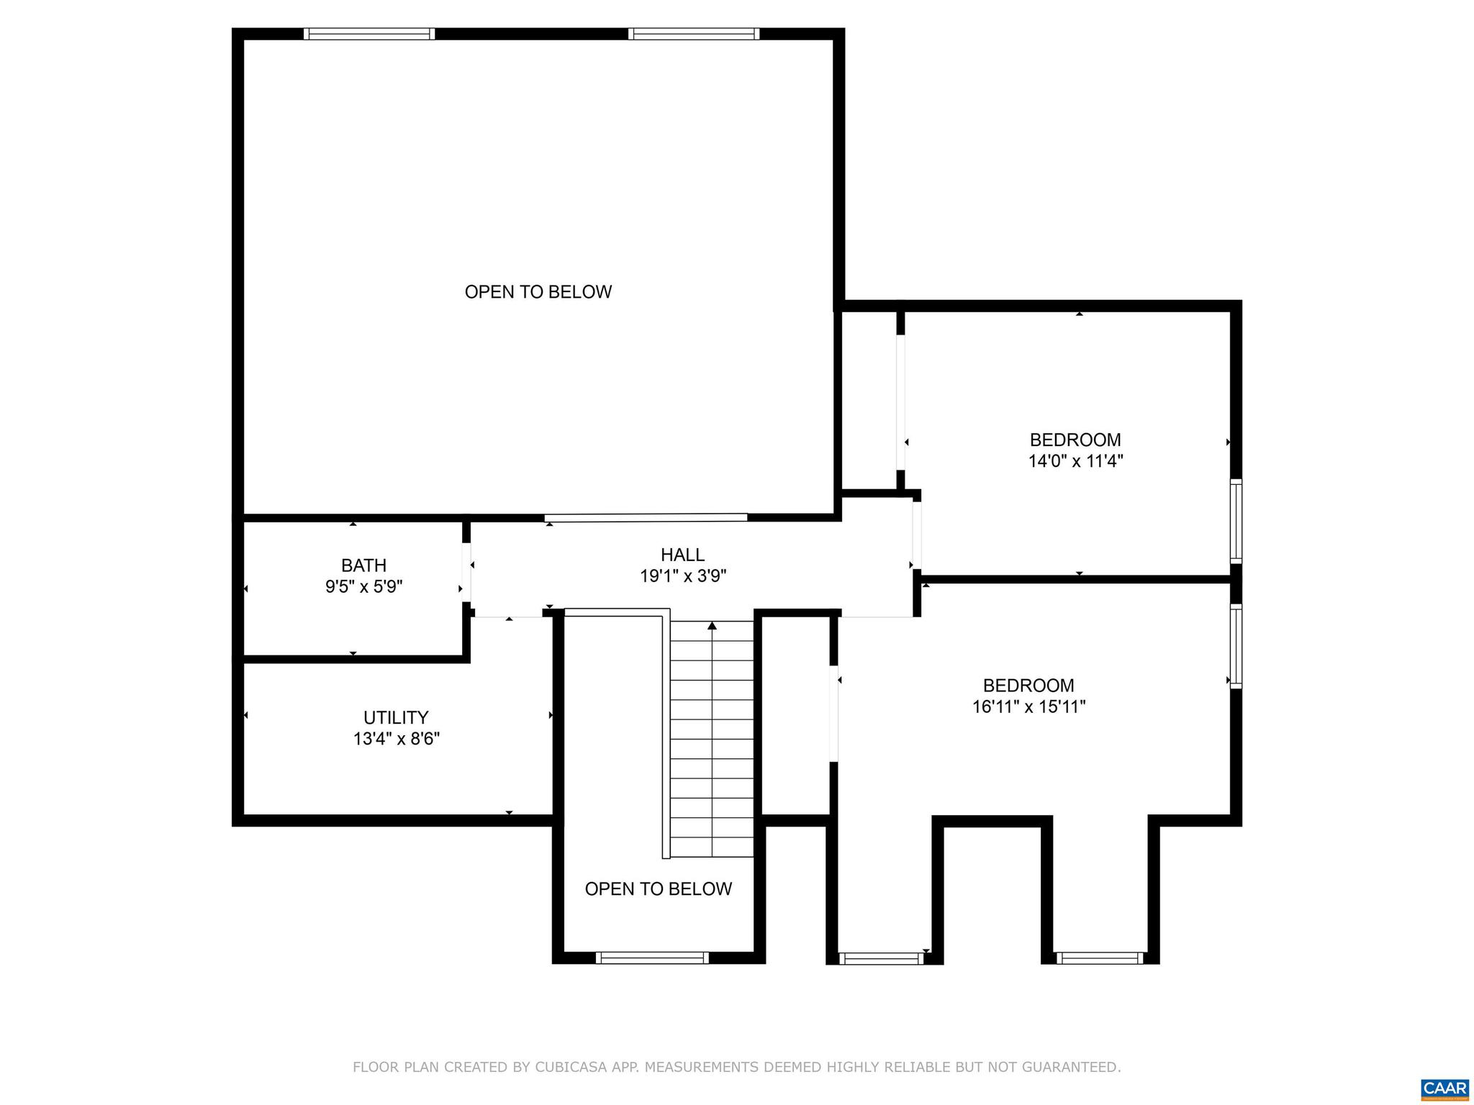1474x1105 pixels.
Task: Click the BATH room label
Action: (363, 565)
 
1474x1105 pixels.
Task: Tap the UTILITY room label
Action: (396, 717)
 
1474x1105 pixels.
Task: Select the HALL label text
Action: (682, 555)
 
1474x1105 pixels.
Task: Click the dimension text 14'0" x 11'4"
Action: (1075, 461)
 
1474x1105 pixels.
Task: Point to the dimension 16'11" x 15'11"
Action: (1028, 707)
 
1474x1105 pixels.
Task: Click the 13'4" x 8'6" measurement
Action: (396, 739)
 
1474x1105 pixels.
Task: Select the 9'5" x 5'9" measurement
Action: (363, 587)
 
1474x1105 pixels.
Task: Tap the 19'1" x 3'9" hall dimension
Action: (682, 576)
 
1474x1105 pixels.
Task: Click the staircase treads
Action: (712, 748)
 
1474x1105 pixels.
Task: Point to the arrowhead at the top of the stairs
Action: (712, 626)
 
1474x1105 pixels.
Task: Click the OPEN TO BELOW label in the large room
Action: (538, 292)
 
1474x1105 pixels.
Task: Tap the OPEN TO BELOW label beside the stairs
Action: (658, 889)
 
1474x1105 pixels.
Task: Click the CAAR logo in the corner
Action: (1444, 1088)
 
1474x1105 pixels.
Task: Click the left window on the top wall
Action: (368, 34)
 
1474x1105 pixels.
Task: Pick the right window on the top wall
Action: (694, 34)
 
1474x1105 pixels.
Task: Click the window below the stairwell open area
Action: (652, 958)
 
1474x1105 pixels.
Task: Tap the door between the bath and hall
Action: (466, 572)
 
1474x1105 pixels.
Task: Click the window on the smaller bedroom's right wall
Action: (1236, 521)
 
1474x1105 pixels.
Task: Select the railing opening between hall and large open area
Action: (646, 517)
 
